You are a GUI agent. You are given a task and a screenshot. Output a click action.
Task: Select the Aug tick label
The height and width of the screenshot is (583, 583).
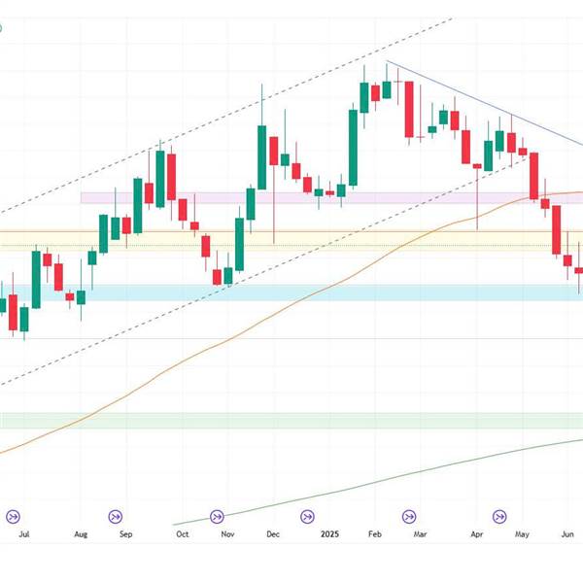(81, 533)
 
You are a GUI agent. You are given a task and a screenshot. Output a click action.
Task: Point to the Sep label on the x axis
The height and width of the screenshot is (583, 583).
(125, 533)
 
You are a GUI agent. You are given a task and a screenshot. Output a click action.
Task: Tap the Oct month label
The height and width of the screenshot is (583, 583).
(181, 533)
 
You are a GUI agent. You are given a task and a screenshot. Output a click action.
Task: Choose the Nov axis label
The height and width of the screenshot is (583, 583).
(227, 533)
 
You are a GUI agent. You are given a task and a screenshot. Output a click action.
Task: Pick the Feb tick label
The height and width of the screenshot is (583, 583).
(373, 533)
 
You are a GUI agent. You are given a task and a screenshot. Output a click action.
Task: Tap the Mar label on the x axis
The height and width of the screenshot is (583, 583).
(420, 533)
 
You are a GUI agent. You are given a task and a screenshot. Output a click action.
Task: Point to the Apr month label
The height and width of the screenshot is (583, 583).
(476, 533)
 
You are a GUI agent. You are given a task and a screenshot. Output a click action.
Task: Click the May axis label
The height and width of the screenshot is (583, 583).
(522, 533)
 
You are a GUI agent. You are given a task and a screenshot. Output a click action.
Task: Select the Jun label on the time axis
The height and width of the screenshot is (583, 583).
(570, 533)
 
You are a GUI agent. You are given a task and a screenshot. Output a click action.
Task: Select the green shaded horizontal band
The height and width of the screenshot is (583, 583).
(291, 420)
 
